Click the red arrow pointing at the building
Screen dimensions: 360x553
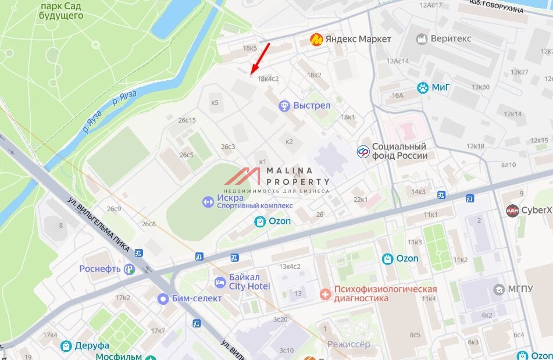pyautogui.click(x=260, y=58)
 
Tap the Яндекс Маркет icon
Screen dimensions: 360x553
pyautogui.click(x=316, y=39)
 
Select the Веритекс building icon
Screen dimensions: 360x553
pyautogui.click(x=422, y=39)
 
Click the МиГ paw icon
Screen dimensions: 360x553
pyautogui.click(x=422, y=88)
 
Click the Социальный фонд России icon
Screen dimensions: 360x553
pyautogui.click(x=363, y=151)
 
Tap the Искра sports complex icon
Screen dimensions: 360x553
pyautogui.click(x=208, y=202)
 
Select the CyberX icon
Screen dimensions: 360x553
pyautogui.click(x=512, y=210)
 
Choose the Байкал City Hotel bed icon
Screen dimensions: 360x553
pyautogui.click(x=220, y=283)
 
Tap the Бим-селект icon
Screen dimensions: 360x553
pyautogui.click(x=163, y=298)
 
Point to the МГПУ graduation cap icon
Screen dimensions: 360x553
pyautogui.click(x=498, y=289)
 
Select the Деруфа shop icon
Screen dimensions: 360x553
pyautogui.click(x=67, y=346)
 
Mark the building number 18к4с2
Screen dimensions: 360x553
pyautogui.click(x=268, y=79)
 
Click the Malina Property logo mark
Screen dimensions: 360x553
pyautogui.click(x=242, y=177)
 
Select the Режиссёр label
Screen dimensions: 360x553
pyautogui.click(x=348, y=344)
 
